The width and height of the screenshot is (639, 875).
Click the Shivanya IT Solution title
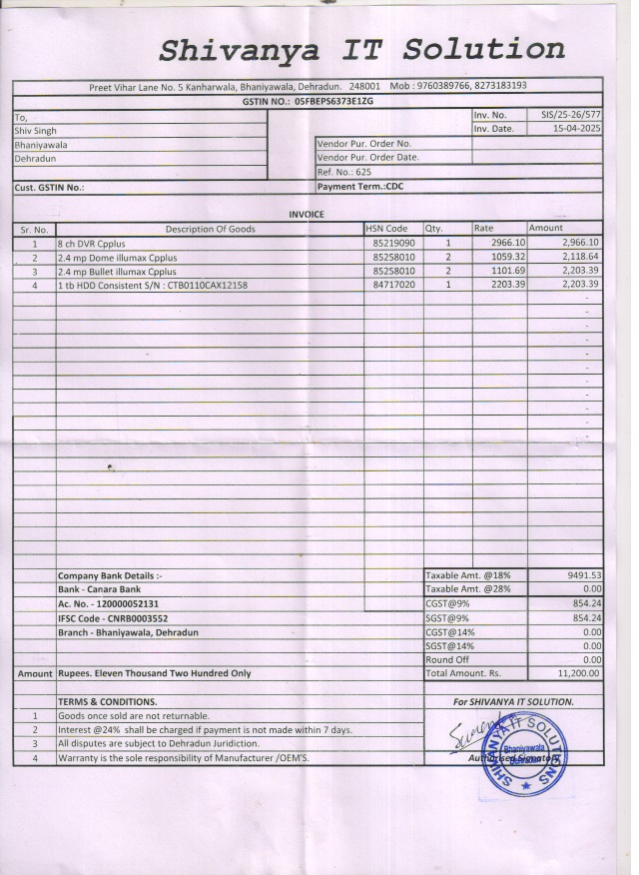(361, 49)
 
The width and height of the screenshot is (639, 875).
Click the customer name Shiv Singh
(36, 130)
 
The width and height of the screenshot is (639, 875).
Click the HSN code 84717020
(393, 285)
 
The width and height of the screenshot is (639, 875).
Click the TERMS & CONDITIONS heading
(107, 701)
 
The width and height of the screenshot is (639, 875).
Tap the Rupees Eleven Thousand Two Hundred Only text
(155, 673)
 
